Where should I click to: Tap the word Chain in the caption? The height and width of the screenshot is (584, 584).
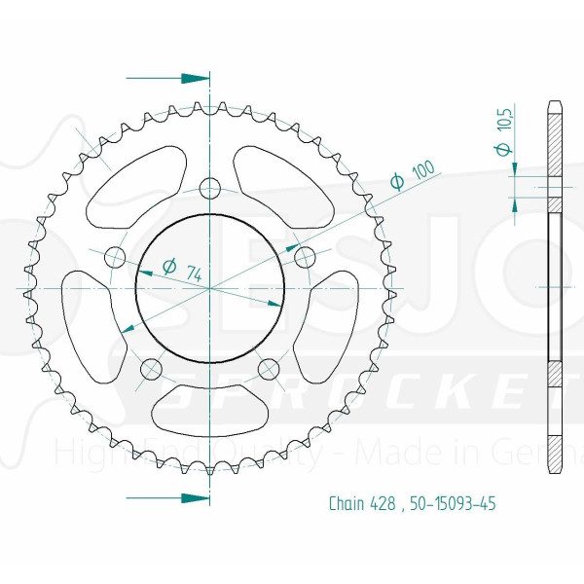tap(346, 503)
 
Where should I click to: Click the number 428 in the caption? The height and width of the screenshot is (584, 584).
tap(384, 503)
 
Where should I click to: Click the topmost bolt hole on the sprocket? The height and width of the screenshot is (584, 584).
tap(209, 188)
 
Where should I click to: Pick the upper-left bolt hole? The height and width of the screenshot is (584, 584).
tap(115, 258)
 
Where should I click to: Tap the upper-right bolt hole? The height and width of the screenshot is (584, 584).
tap(304, 257)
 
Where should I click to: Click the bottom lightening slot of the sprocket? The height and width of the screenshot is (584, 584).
tap(209, 408)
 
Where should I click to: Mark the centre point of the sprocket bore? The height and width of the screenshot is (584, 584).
tap(209, 288)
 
